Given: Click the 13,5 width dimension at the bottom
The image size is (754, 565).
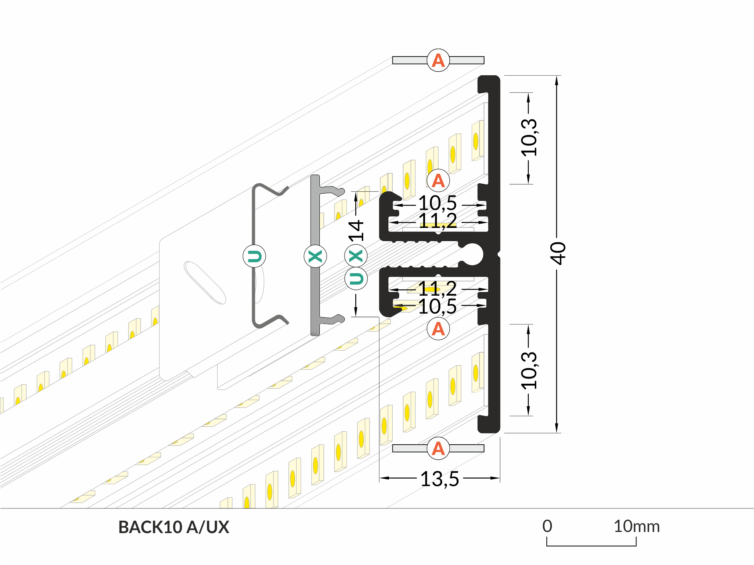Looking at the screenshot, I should point(439,479).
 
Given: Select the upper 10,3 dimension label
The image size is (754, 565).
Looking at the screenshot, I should point(529,137).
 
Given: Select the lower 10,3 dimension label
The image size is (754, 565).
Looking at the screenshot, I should point(529,371).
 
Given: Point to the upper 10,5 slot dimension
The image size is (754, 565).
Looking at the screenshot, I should point(437,204).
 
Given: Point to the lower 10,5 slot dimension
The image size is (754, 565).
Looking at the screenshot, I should point(437,307).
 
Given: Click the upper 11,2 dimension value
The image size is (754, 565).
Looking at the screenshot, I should point(437,220).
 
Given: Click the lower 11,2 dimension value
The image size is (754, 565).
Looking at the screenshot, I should point(437,288).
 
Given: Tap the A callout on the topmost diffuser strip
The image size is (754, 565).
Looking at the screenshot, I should point(438,61).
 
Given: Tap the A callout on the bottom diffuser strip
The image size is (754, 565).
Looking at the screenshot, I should point(438,449).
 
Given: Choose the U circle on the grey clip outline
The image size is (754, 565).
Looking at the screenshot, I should point(254,256).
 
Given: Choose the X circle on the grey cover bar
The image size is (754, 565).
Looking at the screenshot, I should point(315,256).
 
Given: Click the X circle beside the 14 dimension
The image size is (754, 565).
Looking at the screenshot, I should point(356,256).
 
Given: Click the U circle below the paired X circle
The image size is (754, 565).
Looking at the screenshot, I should point(356,279).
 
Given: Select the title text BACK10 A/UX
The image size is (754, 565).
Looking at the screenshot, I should point(174,527).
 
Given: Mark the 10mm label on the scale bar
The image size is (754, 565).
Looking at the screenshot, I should point(636,526).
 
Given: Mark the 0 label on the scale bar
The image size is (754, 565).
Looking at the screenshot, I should point(547,526).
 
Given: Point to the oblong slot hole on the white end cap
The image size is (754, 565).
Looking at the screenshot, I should point(205,282).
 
